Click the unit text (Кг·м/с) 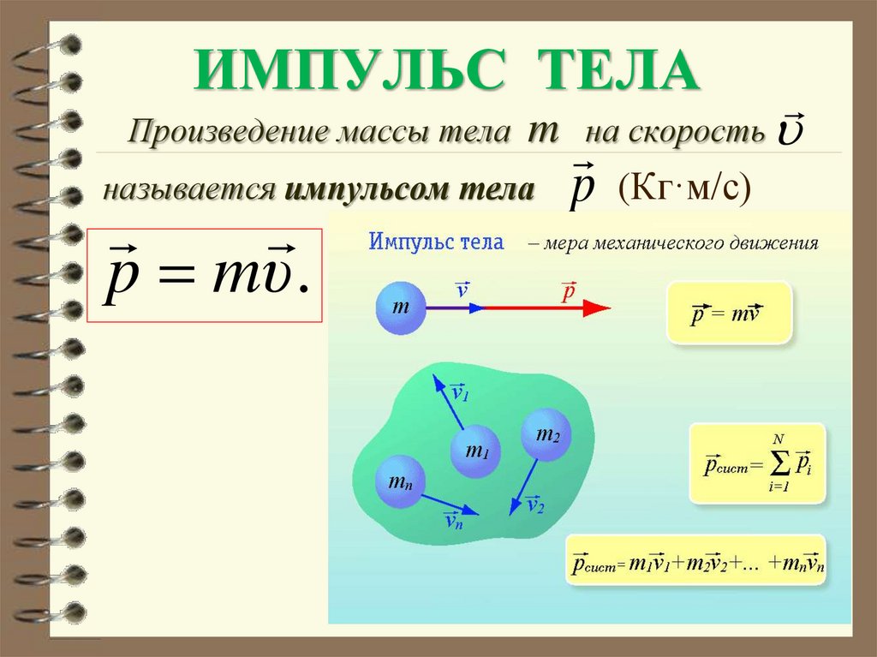coord(684,188)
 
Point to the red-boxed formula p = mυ coord(205,275)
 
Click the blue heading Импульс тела coord(436,242)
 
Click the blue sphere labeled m coord(401,308)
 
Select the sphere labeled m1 coord(475,451)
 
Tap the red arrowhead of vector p coord(597,308)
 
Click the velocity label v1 coord(461,392)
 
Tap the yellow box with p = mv coord(729,314)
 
